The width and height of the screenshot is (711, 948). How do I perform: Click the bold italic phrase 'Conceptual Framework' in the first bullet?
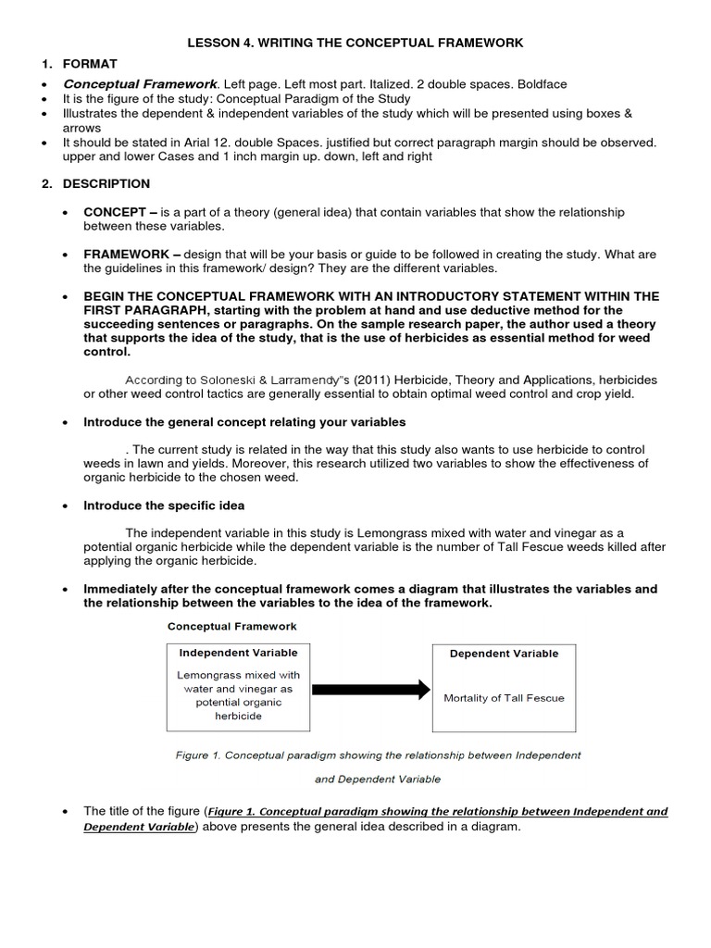click(139, 84)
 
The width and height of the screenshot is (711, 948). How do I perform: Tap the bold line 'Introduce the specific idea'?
click(164, 505)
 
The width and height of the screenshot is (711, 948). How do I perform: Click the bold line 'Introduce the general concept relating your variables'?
click(244, 422)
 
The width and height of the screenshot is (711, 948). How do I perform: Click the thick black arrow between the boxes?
click(370, 689)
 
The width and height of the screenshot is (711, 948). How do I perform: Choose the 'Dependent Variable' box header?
click(504, 654)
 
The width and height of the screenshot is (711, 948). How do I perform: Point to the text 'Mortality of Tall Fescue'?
click(504, 697)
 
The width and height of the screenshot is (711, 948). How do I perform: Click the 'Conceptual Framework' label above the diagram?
click(232, 627)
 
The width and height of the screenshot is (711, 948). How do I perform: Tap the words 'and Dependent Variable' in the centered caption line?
click(378, 780)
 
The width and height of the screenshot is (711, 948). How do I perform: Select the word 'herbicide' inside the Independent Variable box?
click(238, 716)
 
